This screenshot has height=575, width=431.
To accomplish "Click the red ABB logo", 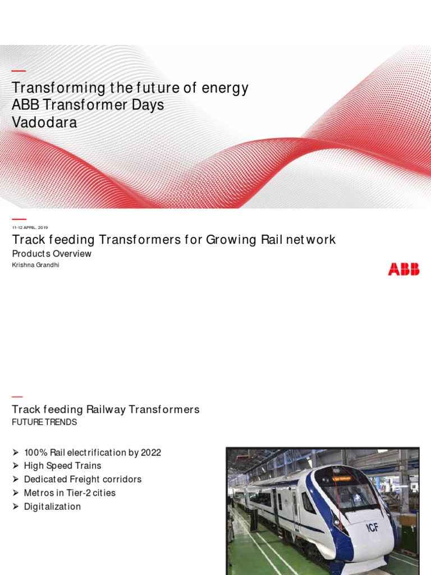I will [x=404, y=270].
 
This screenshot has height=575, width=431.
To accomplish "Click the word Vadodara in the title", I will [x=44, y=122].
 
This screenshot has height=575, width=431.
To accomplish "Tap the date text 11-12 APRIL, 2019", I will [x=30, y=227].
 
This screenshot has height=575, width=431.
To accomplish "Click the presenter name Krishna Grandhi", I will [x=35, y=265].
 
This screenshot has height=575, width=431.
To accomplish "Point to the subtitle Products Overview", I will [x=52, y=254].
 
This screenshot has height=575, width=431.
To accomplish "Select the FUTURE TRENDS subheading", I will [x=44, y=422].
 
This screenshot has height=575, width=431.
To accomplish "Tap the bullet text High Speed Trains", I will [x=62, y=466].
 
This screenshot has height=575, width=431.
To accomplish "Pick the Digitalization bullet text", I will [x=52, y=506].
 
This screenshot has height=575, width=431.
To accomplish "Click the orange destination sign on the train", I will [x=343, y=478].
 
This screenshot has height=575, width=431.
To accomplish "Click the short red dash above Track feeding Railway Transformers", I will [x=17, y=397].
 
